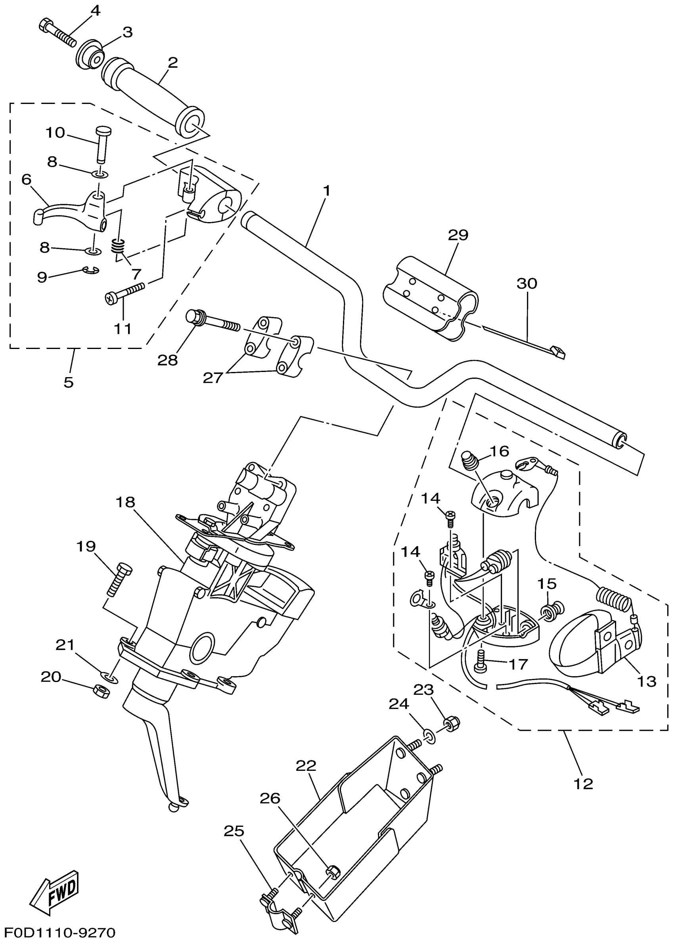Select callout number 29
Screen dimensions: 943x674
pyautogui.click(x=458, y=235)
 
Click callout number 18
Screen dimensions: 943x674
pyautogui.click(x=125, y=502)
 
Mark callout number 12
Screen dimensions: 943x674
pyautogui.click(x=583, y=784)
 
